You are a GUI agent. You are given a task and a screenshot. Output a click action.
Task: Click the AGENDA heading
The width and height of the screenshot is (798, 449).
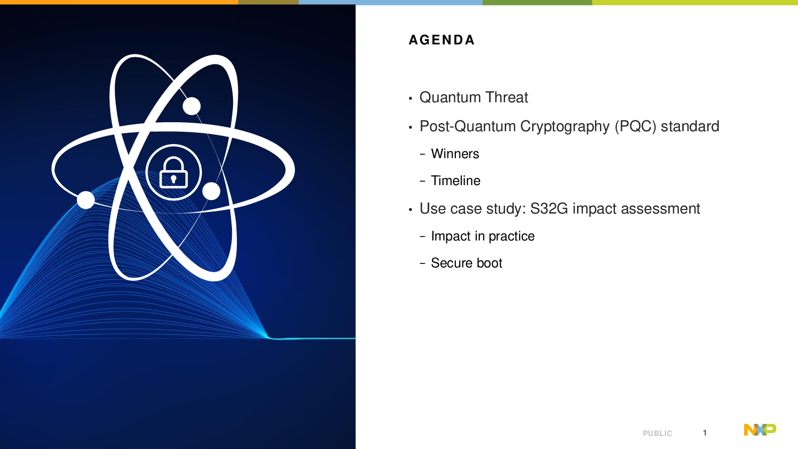(441, 40)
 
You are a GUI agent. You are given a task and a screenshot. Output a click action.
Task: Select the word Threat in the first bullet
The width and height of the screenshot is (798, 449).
(507, 97)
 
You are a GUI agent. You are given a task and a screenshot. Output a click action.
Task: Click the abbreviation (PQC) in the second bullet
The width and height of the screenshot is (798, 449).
(635, 127)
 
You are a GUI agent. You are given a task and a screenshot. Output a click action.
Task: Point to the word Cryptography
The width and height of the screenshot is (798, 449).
(565, 127)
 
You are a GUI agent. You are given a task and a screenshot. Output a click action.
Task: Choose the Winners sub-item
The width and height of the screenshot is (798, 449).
(455, 154)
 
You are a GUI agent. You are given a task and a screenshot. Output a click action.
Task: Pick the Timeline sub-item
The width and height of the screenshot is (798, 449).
(456, 181)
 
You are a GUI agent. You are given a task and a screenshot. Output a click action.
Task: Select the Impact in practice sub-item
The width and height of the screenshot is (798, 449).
(483, 236)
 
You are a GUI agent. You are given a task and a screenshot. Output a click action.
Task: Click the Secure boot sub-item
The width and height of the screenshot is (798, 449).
(467, 263)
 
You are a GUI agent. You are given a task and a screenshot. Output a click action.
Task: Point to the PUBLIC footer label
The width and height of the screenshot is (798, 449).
(657, 434)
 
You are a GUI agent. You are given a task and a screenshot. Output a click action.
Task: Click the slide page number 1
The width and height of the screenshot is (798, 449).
(705, 433)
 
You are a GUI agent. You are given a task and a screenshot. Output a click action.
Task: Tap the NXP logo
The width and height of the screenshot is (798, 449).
(760, 430)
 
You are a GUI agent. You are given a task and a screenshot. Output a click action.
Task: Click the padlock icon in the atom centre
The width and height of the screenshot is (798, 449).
(174, 173)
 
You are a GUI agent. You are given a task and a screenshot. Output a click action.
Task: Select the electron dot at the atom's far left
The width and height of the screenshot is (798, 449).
(86, 200)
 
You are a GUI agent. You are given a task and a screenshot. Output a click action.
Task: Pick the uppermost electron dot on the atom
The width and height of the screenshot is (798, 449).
(192, 106)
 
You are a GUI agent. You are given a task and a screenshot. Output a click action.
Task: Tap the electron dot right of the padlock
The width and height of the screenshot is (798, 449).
(211, 191)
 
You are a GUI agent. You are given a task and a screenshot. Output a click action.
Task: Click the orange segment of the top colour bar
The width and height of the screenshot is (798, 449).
(119, 2)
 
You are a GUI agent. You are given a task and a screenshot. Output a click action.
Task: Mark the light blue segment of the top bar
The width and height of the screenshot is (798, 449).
(391, 2)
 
